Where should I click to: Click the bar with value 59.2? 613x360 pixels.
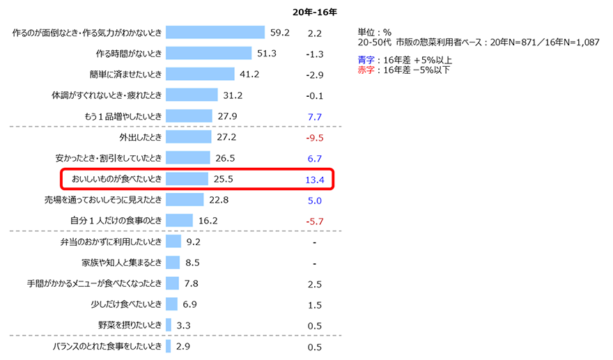215,33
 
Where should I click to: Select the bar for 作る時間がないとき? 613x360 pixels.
208,53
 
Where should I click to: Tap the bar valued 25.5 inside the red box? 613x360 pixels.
187,179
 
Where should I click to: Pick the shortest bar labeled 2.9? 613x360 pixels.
168,346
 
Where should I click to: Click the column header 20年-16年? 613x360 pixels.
315,13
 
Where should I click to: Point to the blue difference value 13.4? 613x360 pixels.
315,180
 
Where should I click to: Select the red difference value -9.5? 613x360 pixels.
315,138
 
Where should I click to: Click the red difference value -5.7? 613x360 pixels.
315,221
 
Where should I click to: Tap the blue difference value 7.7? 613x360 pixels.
315,117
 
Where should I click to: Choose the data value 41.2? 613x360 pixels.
249,74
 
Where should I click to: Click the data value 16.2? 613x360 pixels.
208,221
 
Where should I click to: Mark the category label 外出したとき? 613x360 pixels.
140,137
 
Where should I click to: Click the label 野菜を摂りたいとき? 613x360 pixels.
130,325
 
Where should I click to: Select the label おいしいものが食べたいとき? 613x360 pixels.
116,179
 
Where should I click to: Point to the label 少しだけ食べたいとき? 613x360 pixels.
126,304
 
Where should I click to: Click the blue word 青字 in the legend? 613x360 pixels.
366,60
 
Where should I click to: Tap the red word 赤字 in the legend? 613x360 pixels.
366,70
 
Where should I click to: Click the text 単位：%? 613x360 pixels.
375,33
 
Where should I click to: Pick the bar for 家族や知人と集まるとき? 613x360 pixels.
173,263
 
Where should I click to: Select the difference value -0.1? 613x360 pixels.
315,96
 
